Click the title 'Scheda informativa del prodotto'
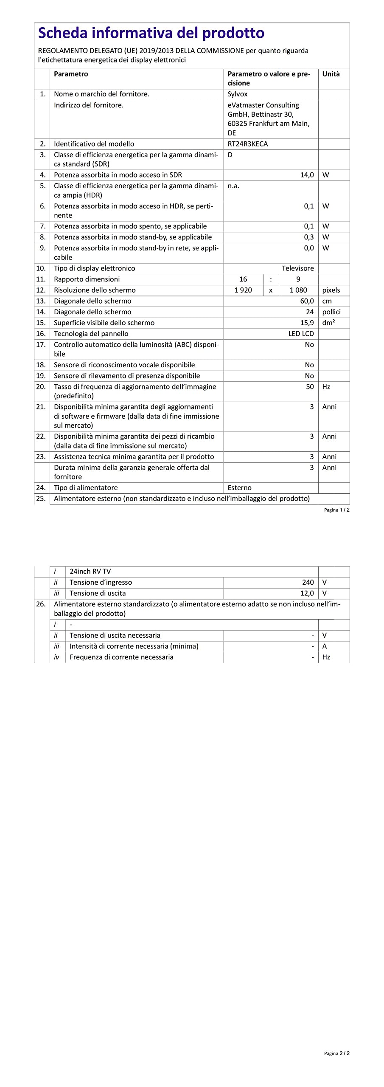(x=151, y=33)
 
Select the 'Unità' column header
(x=331, y=74)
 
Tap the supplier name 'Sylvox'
(x=237, y=94)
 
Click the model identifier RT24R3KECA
(x=247, y=144)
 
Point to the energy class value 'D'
(x=230, y=155)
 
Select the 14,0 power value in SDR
(x=307, y=175)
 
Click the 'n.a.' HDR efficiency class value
(x=233, y=186)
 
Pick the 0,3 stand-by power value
(x=308, y=237)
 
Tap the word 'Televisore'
(x=297, y=268)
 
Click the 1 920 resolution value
(x=243, y=290)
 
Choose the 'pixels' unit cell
(x=331, y=290)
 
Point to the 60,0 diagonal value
(x=307, y=301)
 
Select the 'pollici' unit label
(x=331, y=312)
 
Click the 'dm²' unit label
(x=328, y=323)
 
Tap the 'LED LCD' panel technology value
(x=301, y=334)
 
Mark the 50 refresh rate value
(x=310, y=387)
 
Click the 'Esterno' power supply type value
(x=239, y=488)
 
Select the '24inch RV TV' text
(x=90, y=572)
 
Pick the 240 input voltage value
(x=308, y=583)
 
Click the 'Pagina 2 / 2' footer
(x=336, y=1053)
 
